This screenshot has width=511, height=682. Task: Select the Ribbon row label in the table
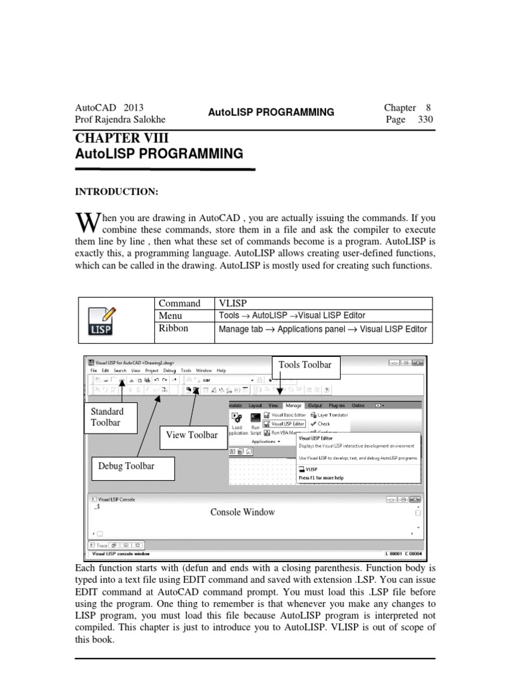pos(173,328)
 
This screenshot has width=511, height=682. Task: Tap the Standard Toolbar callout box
pos(108,418)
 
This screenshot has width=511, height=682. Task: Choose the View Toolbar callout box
pos(192,435)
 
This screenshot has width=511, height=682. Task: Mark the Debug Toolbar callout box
pos(126,466)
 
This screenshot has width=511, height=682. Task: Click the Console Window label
pos(242,512)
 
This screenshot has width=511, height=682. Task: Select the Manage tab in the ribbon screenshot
pos(293,405)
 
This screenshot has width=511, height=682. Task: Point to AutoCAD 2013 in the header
pos(110,107)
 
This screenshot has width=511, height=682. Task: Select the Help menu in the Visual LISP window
pos(221,370)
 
